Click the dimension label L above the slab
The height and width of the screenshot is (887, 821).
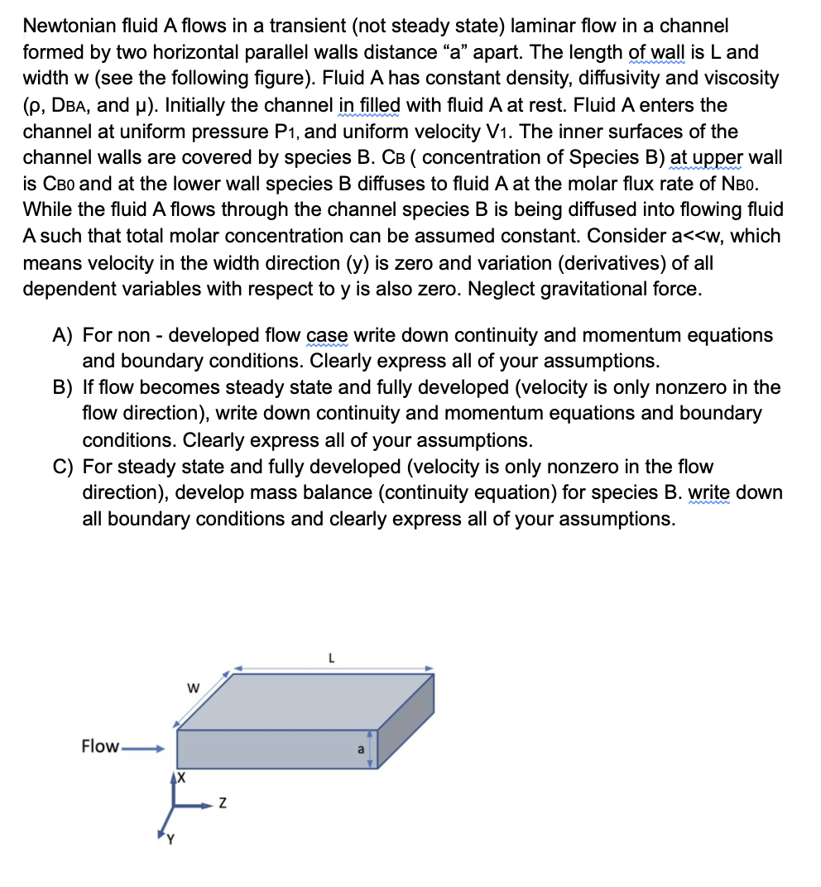coord(331,659)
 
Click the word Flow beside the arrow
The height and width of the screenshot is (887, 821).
coord(99,746)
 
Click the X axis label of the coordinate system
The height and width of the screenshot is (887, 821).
coord(180,779)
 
